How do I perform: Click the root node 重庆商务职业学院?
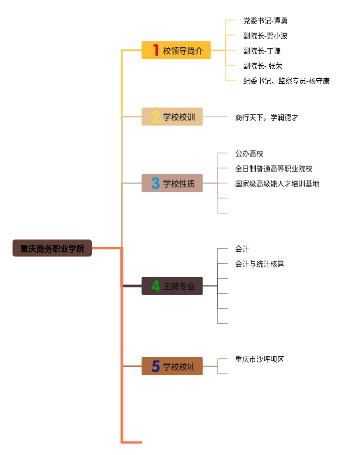[52, 248]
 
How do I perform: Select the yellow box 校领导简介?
[176, 50]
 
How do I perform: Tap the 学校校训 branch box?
[172, 117]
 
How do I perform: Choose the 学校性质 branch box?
[172, 183]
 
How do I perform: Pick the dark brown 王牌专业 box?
[172, 286]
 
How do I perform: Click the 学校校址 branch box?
[172, 366]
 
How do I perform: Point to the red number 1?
[155, 50]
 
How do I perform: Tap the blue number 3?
[155, 183]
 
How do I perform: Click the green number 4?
[155, 286]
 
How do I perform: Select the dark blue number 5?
[155, 366]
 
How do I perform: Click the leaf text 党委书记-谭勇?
[265, 21]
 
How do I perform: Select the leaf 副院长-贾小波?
[265, 36]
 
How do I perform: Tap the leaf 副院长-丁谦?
[262, 51]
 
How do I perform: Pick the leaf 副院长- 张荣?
[263, 66]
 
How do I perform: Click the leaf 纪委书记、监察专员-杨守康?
[286, 81]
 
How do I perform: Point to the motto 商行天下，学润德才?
[266, 117]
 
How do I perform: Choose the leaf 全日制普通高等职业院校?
[274, 169]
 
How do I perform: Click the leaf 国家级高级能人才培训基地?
[277, 184]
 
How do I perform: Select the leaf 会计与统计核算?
[260, 264]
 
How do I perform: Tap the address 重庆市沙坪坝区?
[260, 359]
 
